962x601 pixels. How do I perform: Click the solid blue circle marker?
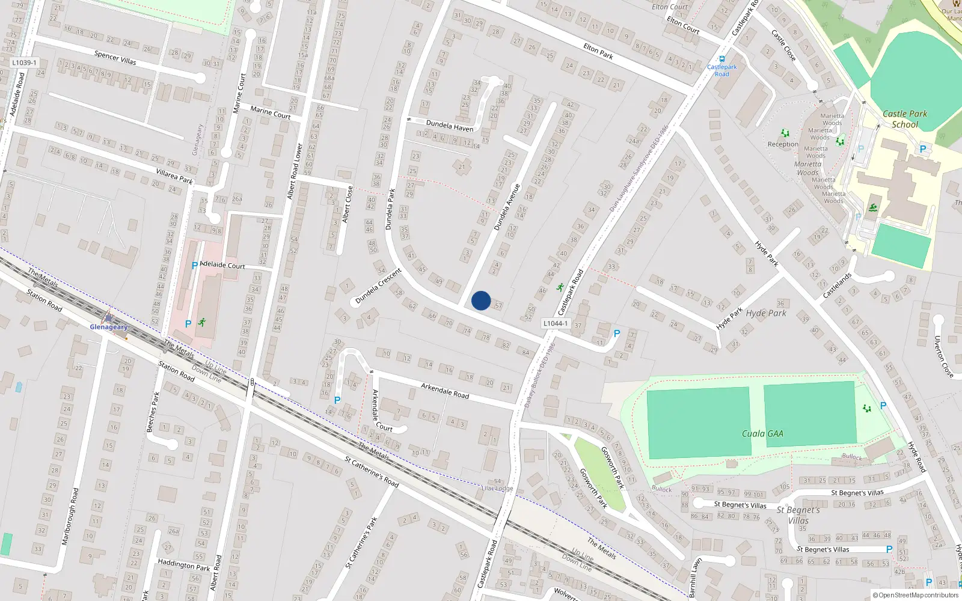click(x=480, y=300)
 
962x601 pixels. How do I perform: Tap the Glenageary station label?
click(x=109, y=327)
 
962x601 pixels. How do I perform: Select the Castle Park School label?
click(x=905, y=119)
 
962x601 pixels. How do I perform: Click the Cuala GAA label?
click(x=762, y=433)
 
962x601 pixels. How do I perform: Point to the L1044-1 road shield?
click(x=555, y=323)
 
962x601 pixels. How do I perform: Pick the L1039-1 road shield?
click(x=24, y=63)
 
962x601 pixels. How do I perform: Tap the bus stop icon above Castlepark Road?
click(x=721, y=59)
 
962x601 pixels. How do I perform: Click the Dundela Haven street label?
click(x=450, y=126)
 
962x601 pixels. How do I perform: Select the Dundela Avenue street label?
click(x=506, y=207)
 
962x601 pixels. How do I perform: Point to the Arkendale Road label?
click(x=445, y=391)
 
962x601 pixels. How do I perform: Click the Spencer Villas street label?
click(x=115, y=58)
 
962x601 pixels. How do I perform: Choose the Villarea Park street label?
click(x=174, y=176)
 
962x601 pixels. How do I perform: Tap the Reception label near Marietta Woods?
click(x=783, y=144)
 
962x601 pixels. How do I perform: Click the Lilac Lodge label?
click(x=497, y=488)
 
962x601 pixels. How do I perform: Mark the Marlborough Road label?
click(x=70, y=516)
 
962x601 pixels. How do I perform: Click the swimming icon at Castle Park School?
click(x=872, y=209)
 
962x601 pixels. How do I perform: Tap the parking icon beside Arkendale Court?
click(x=337, y=400)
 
